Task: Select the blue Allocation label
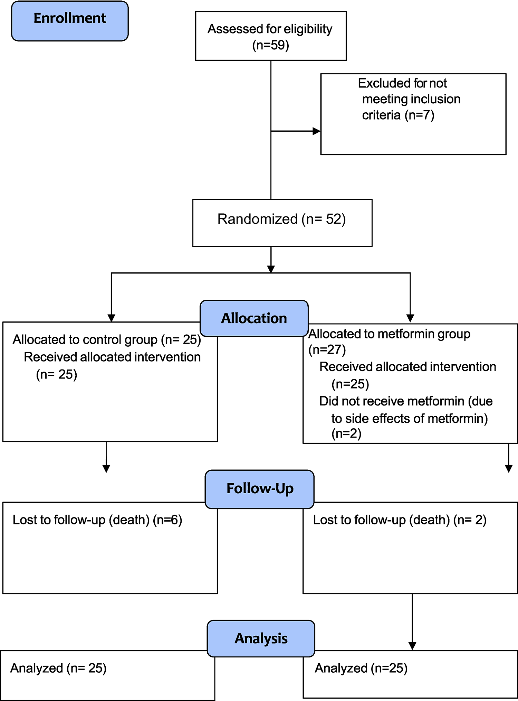pos(254,318)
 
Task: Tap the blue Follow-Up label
pos(260,489)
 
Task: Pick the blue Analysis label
pos(261,638)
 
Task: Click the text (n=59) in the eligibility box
pos(270,45)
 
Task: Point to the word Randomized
pos(257,219)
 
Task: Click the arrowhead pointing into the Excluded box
pos(316,131)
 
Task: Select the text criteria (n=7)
pos(398,115)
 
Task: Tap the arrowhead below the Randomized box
pos(271,269)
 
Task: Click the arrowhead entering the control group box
pos(111,318)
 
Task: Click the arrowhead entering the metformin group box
pos(410,318)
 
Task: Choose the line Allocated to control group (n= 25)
pos(107,340)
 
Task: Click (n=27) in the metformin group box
pos(327,350)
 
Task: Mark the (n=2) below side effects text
pos(346,433)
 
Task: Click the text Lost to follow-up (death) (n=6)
pos(97,520)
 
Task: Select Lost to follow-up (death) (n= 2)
pos(400,520)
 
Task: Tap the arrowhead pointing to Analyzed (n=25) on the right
pos(412,646)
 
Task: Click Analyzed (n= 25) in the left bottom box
pos(58,668)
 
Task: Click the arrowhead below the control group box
pos(106,469)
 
